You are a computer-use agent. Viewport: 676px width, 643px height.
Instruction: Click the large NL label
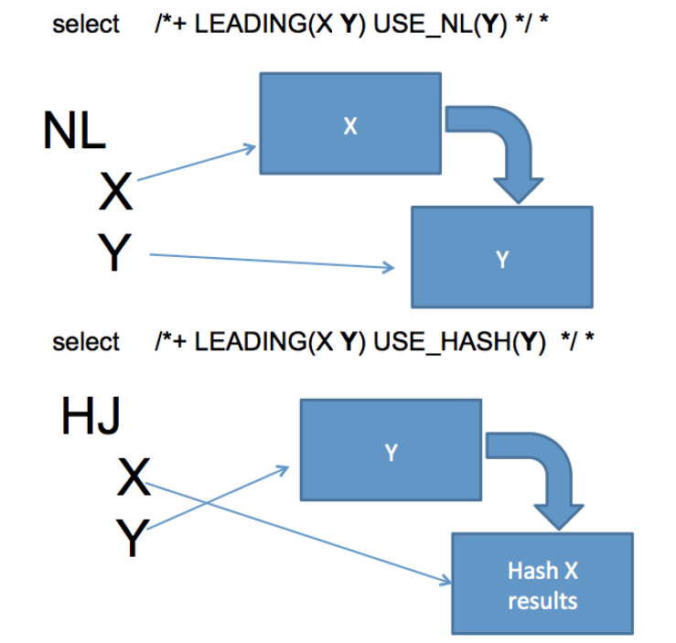[74, 132]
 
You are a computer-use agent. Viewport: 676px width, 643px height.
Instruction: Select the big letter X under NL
[116, 192]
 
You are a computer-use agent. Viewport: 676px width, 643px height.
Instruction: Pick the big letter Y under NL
[115, 253]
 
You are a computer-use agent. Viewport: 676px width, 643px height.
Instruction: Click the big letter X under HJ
[134, 478]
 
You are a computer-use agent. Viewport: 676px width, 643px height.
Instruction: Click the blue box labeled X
[349, 123]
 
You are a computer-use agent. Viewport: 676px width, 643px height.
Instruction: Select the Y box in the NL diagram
[501, 257]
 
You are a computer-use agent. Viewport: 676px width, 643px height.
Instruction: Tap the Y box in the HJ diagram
[390, 452]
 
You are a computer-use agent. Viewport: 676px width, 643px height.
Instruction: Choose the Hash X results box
[542, 584]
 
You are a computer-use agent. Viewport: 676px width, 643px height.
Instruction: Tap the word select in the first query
[86, 25]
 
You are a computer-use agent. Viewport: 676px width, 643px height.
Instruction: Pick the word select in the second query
[86, 342]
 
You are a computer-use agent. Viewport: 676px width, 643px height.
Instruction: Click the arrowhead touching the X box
[251, 146]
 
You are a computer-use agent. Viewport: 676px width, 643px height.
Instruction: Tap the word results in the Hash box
[542, 601]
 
